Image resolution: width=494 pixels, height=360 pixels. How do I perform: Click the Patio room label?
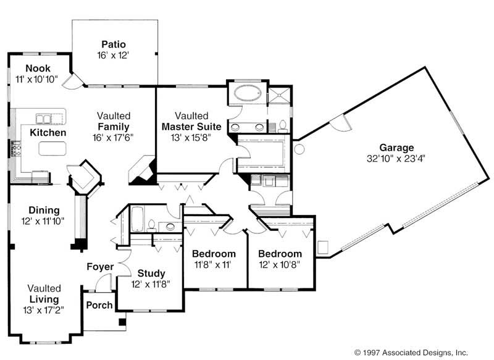pos(114,44)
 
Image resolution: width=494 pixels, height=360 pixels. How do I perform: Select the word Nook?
pos(38,69)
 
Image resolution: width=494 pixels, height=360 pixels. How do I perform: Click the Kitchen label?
pos(48,133)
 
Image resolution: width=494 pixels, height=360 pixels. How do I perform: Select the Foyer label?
pos(100,267)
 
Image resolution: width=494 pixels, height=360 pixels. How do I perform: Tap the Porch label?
pos(99,305)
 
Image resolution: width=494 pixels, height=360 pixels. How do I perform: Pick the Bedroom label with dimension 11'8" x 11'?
pos(214,254)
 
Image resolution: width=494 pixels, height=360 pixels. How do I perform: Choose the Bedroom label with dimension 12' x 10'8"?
pos(280,254)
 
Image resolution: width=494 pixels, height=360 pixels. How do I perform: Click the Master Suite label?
pos(191,127)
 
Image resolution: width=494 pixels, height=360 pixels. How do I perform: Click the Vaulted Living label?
pos(44,294)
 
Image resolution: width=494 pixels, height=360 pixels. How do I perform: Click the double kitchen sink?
pos(43,118)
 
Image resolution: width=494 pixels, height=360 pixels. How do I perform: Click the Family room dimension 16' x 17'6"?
pos(113,136)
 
